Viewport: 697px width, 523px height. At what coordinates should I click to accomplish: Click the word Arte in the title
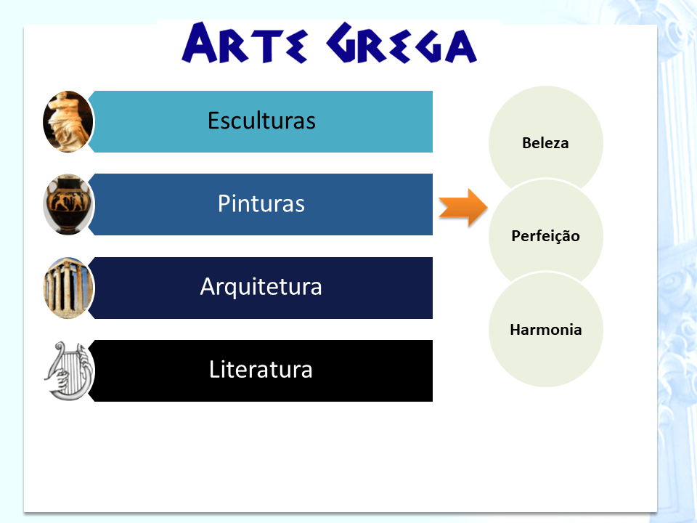(243, 44)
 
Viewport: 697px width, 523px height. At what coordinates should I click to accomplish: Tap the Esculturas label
(261, 121)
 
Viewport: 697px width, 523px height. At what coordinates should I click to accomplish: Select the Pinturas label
(261, 204)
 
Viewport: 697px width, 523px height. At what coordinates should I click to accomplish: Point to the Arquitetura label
(261, 287)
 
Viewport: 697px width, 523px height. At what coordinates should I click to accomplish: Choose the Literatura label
(261, 370)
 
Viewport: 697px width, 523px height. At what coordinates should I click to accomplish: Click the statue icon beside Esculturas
(68, 121)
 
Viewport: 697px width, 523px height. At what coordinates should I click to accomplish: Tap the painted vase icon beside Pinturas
(68, 204)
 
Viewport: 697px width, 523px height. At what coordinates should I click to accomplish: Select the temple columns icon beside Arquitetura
(68, 288)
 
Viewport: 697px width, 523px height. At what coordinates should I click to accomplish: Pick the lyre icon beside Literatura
(68, 370)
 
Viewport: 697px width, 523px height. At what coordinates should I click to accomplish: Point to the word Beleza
(545, 143)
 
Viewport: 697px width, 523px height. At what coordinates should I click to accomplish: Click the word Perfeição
(545, 236)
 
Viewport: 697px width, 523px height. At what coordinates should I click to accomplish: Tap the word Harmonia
(545, 330)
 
